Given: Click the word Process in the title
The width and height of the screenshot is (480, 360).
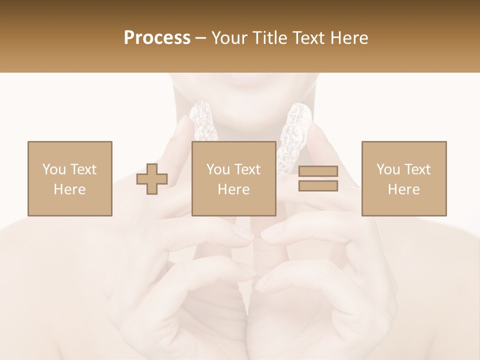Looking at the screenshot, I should (157, 38).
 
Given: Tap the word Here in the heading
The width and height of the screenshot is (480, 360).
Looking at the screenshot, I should (348, 38).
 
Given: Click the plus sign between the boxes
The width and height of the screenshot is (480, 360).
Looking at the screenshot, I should (152, 178).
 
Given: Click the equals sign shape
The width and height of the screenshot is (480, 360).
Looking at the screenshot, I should (318, 178).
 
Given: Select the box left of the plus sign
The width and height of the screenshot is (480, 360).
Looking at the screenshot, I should (69, 178).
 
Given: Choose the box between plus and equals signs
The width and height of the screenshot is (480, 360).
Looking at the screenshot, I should (233, 178).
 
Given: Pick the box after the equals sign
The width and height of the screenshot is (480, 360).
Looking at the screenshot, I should (403, 178).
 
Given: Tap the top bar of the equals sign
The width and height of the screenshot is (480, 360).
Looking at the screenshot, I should (318, 171).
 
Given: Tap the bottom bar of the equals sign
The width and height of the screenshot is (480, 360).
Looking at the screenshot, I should (318, 186).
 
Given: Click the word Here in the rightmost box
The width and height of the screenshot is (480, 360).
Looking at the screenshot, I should (403, 189).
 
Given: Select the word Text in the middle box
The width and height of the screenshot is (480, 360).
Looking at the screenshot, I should (247, 169).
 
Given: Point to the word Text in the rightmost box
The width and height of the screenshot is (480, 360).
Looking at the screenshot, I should (417, 169).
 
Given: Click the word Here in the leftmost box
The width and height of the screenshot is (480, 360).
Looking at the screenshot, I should (69, 189).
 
